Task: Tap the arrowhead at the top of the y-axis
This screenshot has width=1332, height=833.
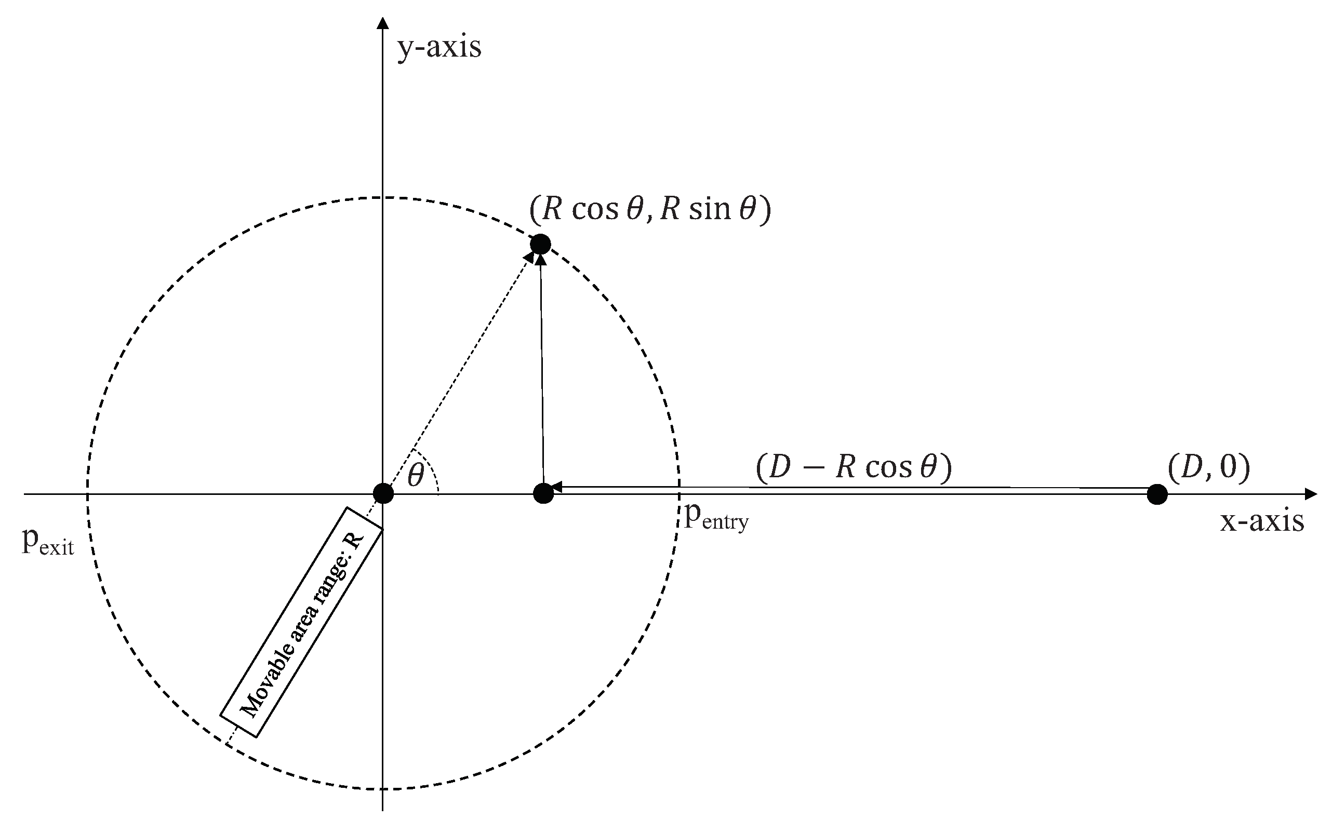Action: click(x=382, y=23)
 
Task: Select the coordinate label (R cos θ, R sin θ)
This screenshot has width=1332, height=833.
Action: click(x=650, y=209)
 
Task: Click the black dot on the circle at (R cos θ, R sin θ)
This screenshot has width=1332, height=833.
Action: click(x=540, y=244)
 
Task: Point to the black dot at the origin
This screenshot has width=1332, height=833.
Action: click(x=383, y=493)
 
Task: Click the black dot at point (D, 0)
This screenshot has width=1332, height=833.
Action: click(x=1157, y=494)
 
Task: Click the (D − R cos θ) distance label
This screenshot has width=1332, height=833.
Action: click(x=854, y=468)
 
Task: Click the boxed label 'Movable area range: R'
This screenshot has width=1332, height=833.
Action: click(x=301, y=623)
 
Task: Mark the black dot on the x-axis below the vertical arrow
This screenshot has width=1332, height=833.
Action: click(x=543, y=493)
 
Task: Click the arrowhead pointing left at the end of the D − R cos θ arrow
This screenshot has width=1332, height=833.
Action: click(x=555, y=487)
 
